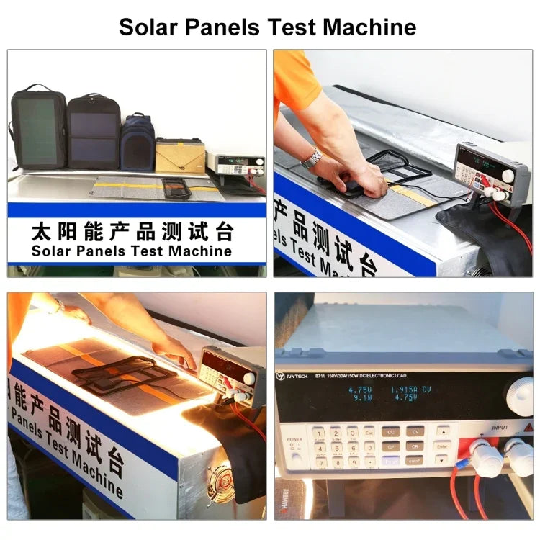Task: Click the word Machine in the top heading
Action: click(x=369, y=27)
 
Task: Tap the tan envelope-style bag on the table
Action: click(x=180, y=155)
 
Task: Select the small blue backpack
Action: click(x=138, y=143)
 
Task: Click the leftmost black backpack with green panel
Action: click(x=37, y=127)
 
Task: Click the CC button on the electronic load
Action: click(x=390, y=432)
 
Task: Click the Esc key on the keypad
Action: click(x=369, y=432)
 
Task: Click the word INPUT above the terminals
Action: click(x=500, y=426)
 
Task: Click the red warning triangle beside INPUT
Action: click(x=528, y=428)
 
